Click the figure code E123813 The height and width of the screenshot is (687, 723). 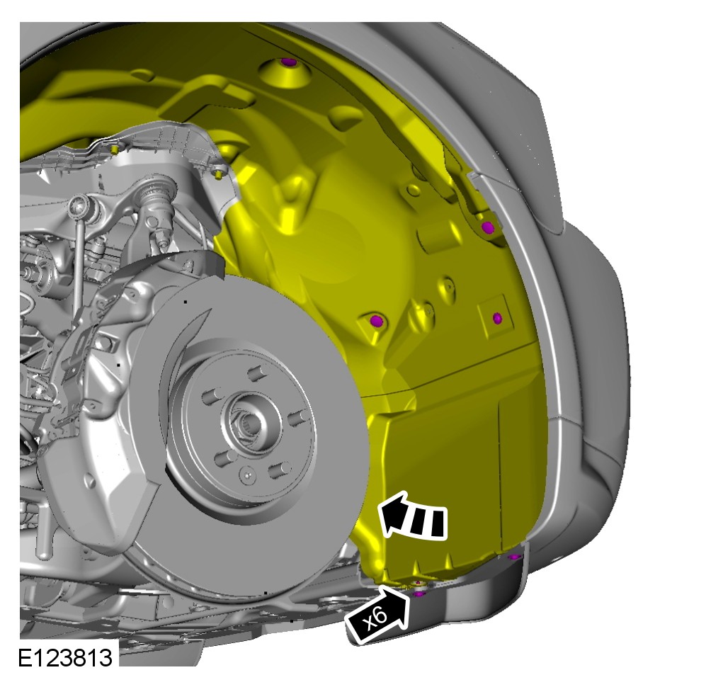point(65,657)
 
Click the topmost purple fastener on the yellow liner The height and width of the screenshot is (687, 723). point(289,62)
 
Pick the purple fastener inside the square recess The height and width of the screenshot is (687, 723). point(497,318)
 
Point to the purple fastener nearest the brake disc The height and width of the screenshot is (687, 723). point(377,320)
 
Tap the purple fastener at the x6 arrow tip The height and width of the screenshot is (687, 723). point(419,594)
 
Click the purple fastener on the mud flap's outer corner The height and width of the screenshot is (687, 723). point(514,557)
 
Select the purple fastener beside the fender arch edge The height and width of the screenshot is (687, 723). point(488,227)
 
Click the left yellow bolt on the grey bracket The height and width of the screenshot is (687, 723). point(114,149)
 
